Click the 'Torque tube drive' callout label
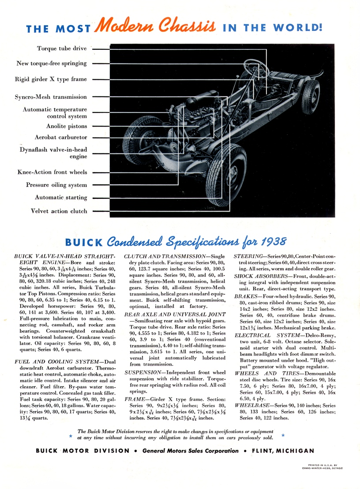62,49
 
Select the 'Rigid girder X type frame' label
51,79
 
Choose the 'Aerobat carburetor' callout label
61,138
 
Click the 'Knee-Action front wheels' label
52,172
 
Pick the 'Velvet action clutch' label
59,211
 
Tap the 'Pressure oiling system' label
56,185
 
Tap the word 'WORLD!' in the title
298,28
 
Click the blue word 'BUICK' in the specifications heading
84,243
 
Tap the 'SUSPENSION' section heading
142,372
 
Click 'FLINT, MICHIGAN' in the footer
283,451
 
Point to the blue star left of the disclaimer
70,436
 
